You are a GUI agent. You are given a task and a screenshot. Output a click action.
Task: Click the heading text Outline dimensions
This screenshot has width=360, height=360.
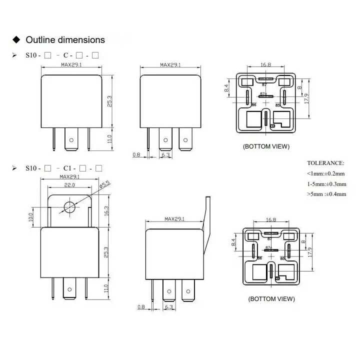coord(65,40)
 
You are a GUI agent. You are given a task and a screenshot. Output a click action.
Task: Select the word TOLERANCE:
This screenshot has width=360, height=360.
coord(325,163)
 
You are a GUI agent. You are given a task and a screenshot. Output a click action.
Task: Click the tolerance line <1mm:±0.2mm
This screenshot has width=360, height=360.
coord(326,173)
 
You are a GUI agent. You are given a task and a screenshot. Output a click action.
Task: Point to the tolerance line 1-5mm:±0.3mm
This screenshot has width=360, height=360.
coord(326,183)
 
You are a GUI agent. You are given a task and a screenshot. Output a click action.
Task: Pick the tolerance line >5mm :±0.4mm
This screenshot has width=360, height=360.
coord(326,194)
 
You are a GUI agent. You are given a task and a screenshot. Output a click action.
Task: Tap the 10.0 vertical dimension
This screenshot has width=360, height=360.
coord(30,216)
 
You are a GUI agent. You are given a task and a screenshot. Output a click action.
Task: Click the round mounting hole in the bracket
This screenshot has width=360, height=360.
coord(69,206)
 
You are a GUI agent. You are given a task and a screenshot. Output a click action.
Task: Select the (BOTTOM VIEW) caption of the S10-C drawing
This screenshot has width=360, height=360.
coord(266,146)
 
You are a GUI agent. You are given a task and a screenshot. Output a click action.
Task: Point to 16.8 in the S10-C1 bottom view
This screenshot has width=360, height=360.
coord(271,219)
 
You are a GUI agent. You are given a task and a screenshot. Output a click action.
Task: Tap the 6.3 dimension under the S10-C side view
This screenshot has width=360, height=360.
coord(165,155)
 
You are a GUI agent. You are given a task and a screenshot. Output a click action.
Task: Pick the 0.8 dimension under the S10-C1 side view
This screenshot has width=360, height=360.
coord(140,307)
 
